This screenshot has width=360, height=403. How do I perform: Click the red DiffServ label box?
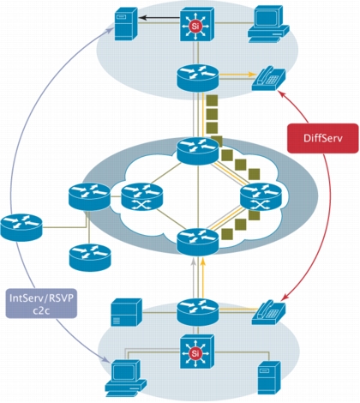(323, 138)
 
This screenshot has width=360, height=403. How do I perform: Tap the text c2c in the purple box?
(41, 310)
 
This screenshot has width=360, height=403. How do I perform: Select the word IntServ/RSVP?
(41, 298)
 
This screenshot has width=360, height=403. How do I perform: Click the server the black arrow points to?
(126, 25)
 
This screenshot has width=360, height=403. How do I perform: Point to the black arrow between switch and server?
(159, 18)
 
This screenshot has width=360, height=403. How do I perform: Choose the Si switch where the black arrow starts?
(197, 24)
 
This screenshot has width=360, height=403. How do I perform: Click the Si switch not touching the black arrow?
(197, 352)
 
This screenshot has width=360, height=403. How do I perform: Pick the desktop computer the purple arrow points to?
(125, 378)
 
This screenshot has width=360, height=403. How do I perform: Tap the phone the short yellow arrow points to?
(268, 79)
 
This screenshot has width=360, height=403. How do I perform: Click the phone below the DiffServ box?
(268, 312)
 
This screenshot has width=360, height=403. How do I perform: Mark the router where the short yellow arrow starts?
(198, 78)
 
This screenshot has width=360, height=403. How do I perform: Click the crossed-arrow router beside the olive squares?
(261, 197)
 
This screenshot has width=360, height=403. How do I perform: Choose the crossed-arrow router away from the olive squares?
(142, 197)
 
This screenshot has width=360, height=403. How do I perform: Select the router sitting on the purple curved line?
(21, 228)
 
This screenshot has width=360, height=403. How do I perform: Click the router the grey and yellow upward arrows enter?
(198, 242)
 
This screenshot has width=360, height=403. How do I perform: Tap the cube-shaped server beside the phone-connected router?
(126, 312)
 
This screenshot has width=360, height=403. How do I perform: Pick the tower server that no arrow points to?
(269, 377)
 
